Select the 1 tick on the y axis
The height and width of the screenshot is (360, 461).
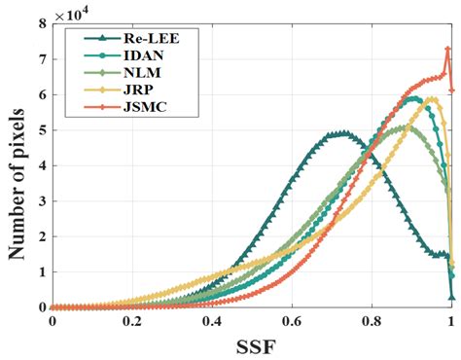(40, 272)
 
